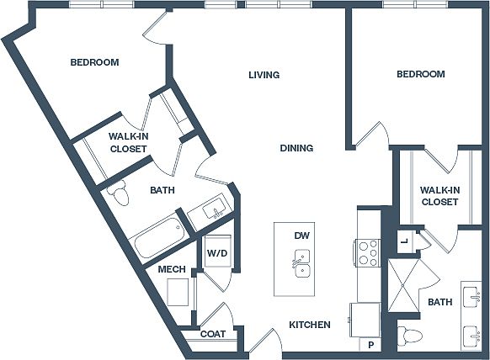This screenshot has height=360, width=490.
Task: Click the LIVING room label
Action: (x=264, y=75)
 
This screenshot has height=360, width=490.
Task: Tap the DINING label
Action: (x=296, y=148)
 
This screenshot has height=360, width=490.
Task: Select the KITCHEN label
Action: (x=310, y=325)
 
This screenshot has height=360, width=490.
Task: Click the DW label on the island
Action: (x=302, y=236)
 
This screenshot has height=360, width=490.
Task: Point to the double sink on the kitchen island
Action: (x=302, y=263)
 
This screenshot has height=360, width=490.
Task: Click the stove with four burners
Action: (x=367, y=253)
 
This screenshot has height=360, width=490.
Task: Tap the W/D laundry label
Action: (x=217, y=253)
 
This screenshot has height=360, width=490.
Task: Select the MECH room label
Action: (x=172, y=269)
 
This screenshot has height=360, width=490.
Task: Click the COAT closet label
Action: (x=213, y=334)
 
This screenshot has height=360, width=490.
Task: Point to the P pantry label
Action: (x=371, y=345)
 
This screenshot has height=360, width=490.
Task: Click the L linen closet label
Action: (x=405, y=241)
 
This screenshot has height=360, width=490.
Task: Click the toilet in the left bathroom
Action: (x=119, y=193)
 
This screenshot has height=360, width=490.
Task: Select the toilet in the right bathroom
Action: (x=407, y=336)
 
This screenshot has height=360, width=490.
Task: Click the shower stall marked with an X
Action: (x=403, y=285)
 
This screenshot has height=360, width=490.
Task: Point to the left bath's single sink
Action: (x=214, y=209)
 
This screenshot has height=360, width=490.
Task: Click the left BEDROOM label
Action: (x=94, y=62)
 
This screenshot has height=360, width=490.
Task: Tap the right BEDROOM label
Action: (x=421, y=74)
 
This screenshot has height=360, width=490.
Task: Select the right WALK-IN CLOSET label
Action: (x=439, y=196)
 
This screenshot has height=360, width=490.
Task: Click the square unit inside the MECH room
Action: (x=178, y=292)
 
